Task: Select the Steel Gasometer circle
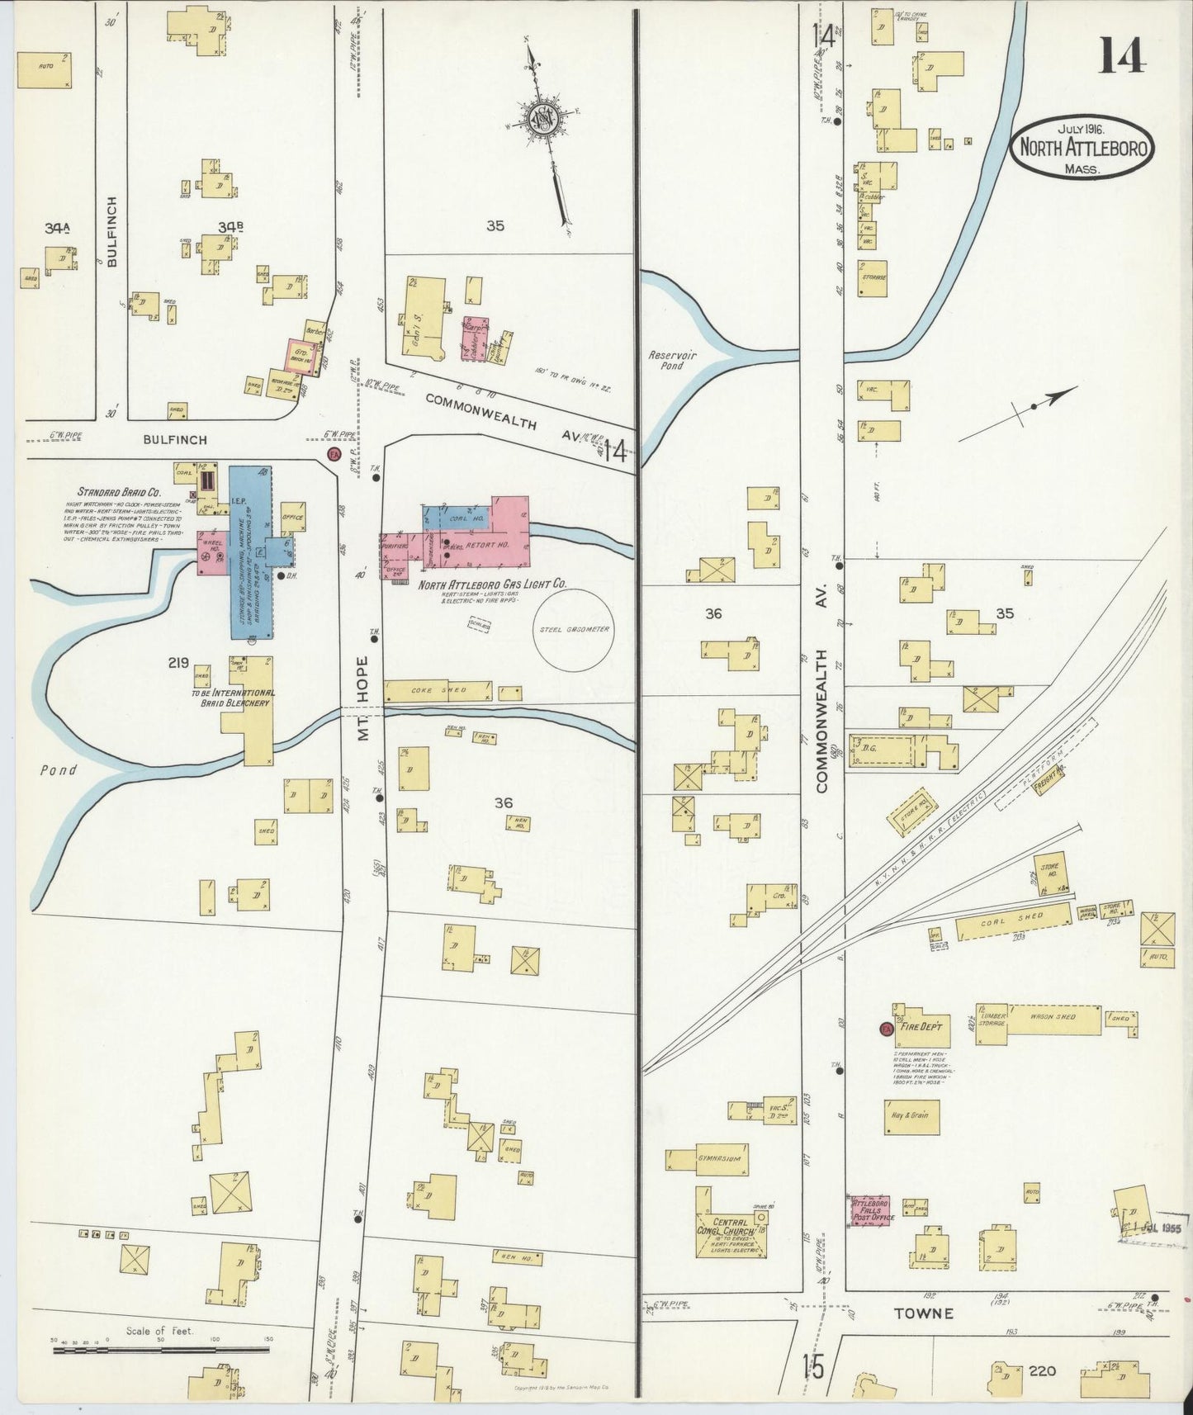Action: [x=576, y=629]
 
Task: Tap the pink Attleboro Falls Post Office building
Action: [x=869, y=1210]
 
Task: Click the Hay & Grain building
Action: [x=912, y=1116]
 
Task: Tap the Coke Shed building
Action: [x=438, y=690]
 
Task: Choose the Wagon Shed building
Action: [x=1054, y=1019]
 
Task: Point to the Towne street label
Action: [x=933, y=1313]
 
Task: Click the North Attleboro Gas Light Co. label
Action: [x=492, y=584]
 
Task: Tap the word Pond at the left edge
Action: [x=57, y=769]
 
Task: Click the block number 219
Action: [x=178, y=662]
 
